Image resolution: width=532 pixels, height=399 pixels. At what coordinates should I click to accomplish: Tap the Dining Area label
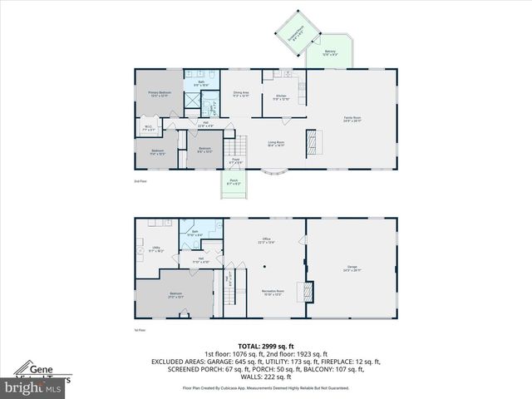pos(241,94)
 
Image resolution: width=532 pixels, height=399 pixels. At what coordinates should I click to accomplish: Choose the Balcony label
pos(330,52)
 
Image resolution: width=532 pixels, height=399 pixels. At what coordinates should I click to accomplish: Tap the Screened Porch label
pos(296,33)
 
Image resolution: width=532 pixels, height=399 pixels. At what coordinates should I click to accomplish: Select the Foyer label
pos(236,160)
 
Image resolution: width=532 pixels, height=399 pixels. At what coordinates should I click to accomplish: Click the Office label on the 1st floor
pos(266,241)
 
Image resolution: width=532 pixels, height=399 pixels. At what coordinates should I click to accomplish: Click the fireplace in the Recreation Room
pos(306,292)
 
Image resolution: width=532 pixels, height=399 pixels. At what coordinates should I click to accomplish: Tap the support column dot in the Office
pos(264,267)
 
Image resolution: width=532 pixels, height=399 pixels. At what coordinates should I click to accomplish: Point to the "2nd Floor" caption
pos(140,181)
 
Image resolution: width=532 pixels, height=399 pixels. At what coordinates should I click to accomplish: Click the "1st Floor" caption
pos(140,331)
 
